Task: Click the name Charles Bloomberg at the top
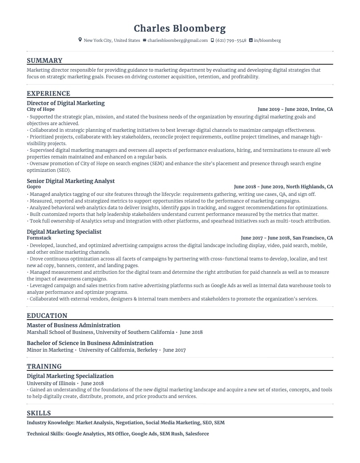180,28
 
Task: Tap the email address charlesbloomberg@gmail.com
178,41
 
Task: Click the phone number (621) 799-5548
231,41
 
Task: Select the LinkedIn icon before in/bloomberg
251,41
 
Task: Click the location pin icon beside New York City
80,41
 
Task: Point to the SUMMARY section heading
44,61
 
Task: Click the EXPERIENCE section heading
49,93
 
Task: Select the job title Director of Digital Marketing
65,103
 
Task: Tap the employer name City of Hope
40,109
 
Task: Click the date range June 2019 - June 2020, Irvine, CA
295,109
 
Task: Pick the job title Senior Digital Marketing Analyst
71,181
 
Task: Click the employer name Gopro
34,187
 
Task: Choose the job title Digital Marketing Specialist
64,232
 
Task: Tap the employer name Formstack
39,238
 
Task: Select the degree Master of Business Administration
73,325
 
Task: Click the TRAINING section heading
44,366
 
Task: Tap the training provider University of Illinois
50,383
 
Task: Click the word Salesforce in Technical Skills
197,434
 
